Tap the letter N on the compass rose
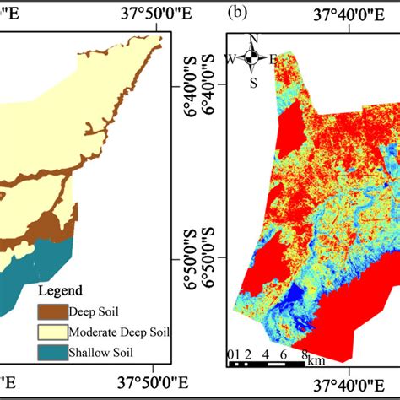tap(252, 39)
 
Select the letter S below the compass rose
tap(253, 82)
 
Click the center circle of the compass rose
tap(252, 57)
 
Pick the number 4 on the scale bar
tap(266, 354)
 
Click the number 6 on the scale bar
tap(284, 354)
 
